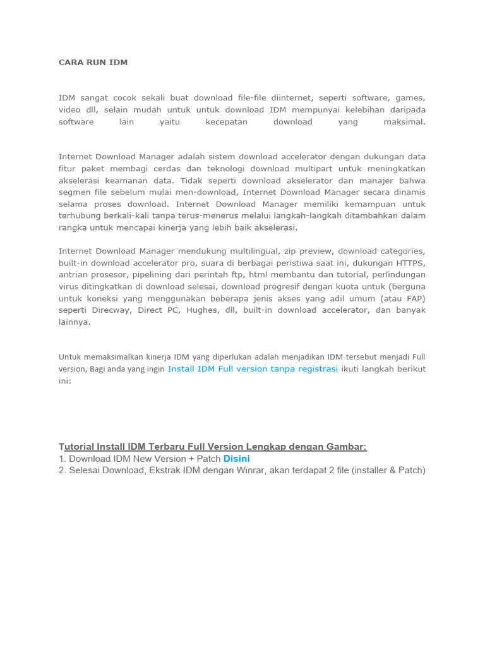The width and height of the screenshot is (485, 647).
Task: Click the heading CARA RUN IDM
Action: click(93, 63)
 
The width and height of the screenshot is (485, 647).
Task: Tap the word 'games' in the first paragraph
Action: click(410, 98)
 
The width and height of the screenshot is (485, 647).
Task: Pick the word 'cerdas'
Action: click(183, 169)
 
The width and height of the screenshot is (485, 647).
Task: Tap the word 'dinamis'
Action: click(409, 192)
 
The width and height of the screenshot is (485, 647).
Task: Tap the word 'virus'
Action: click(70, 286)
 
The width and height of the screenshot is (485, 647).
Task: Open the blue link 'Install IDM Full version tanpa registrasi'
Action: click(253, 368)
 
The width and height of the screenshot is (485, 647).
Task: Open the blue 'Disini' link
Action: click(237, 458)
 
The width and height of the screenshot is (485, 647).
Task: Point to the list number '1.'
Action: click(63, 458)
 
